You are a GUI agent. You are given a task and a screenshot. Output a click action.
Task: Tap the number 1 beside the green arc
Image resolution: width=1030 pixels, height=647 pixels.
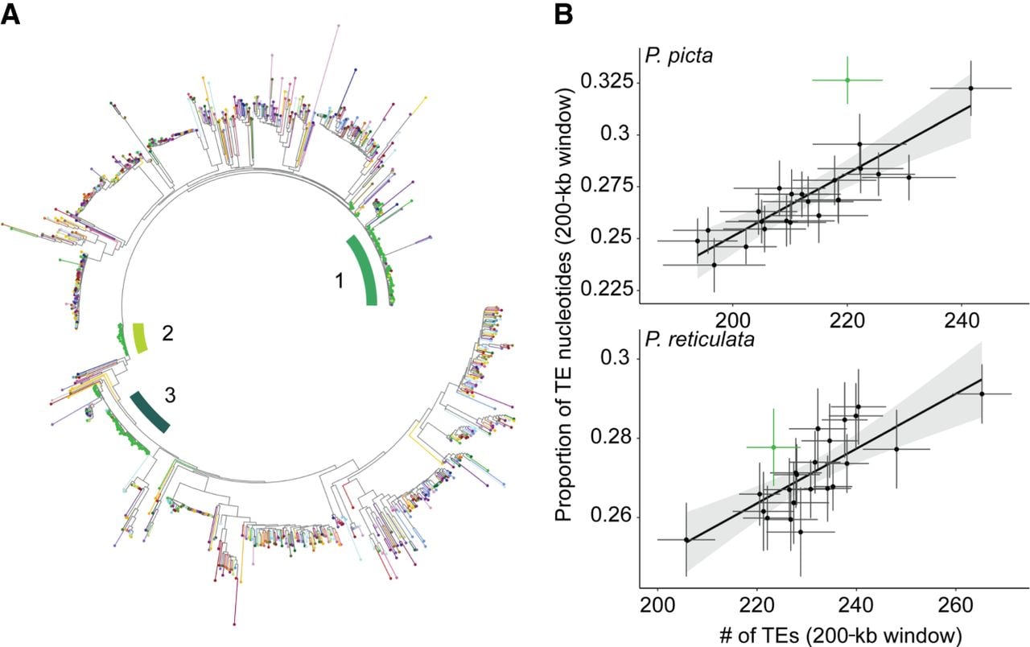click(x=340, y=281)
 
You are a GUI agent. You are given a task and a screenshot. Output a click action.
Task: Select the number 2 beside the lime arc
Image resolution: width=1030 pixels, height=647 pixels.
click(x=168, y=333)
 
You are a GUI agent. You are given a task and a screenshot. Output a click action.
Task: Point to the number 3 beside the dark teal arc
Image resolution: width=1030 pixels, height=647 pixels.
click(x=170, y=395)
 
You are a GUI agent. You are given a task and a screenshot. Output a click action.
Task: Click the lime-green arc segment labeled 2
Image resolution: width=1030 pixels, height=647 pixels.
click(x=140, y=339)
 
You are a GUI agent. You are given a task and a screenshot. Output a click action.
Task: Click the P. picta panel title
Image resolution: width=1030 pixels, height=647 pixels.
click(x=678, y=56)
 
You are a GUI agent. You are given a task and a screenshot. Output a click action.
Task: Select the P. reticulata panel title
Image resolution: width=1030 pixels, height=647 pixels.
click(x=700, y=339)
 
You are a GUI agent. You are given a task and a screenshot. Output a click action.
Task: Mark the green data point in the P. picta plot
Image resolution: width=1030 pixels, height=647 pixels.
click(x=847, y=80)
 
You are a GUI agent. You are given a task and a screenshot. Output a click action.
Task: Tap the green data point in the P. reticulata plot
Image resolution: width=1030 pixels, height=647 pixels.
click(x=773, y=447)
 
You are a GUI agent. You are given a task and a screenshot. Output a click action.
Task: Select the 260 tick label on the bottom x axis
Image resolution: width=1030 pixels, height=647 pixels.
click(x=955, y=605)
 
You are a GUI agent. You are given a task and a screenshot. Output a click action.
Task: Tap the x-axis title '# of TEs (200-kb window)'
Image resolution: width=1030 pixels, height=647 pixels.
click(x=841, y=636)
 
